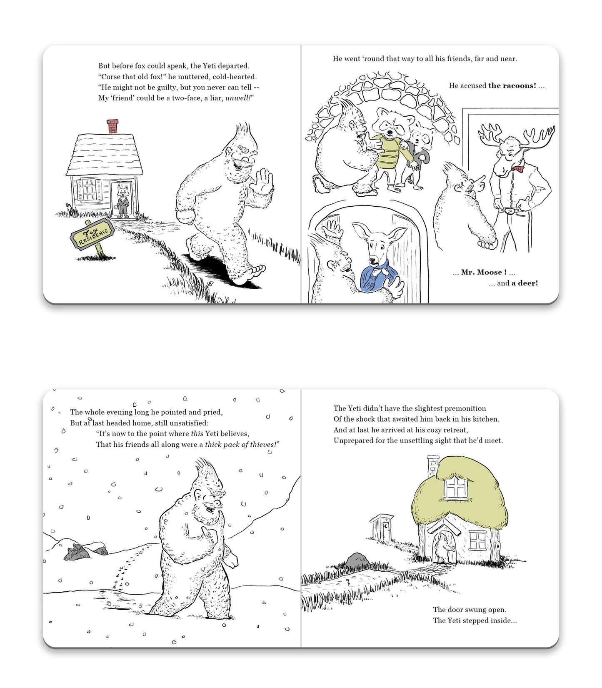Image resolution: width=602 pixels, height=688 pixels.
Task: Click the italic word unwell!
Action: click(x=240, y=98)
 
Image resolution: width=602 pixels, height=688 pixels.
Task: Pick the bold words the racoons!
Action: click(x=512, y=86)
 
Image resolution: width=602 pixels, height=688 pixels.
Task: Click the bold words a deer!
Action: click(x=525, y=283)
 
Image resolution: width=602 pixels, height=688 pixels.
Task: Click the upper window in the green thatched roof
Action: click(x=456, y=488)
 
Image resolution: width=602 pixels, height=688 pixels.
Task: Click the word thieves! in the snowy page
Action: click(x=265, y=445)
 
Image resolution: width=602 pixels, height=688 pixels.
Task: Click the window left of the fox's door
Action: click(x=89, y=190)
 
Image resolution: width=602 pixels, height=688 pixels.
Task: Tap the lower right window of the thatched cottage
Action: click(x=478, y=540)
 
